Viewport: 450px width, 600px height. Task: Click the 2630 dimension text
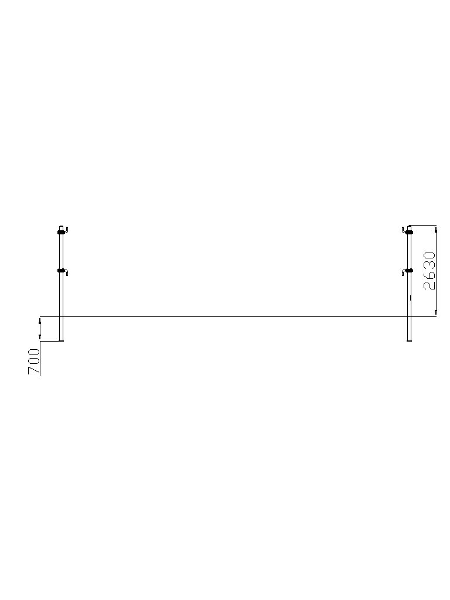click(429, 271)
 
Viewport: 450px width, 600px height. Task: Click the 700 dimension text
click(33, 361)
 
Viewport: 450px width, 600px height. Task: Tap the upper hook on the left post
click(66, 230)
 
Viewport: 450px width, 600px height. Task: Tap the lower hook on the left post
click(66, 272)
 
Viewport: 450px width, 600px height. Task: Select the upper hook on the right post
click(404, 230)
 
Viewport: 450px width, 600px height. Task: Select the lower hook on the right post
click(404, 272)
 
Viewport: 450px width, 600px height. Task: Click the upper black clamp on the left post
click(61, 232)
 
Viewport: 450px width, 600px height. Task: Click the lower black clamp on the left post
click(61, 271)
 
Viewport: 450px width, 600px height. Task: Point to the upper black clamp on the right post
click(410, 232)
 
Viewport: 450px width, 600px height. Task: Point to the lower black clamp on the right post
click(410, 271)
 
